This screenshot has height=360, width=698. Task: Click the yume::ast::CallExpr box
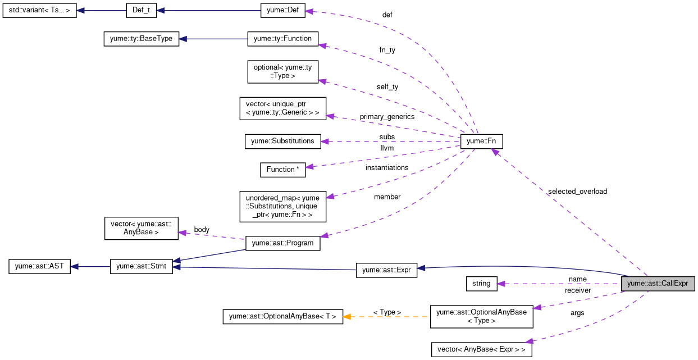[658, 284]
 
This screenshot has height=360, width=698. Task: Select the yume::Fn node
[481, 141]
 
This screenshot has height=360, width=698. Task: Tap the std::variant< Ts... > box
[39, 11]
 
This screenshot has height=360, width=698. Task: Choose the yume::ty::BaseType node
[142, 39]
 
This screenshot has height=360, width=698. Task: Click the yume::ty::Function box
[283, 39]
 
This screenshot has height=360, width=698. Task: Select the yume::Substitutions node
[283, 141]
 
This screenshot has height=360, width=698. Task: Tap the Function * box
[283, 170]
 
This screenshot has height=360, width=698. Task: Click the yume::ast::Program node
[283, 243]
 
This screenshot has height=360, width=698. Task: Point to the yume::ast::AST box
[39, 266]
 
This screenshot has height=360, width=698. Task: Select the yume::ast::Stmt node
[142, 266]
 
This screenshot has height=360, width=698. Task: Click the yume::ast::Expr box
[386, 270]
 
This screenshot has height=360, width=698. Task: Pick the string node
[481, 284]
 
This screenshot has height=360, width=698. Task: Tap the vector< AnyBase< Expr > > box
[481, 349]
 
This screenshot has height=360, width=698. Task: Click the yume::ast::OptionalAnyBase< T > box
[282, 317]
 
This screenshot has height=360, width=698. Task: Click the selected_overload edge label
[577, 192]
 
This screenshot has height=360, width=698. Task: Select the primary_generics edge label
[387, 117]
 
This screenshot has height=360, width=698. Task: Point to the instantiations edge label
[387, 167]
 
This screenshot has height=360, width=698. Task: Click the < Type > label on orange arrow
[387, 312]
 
